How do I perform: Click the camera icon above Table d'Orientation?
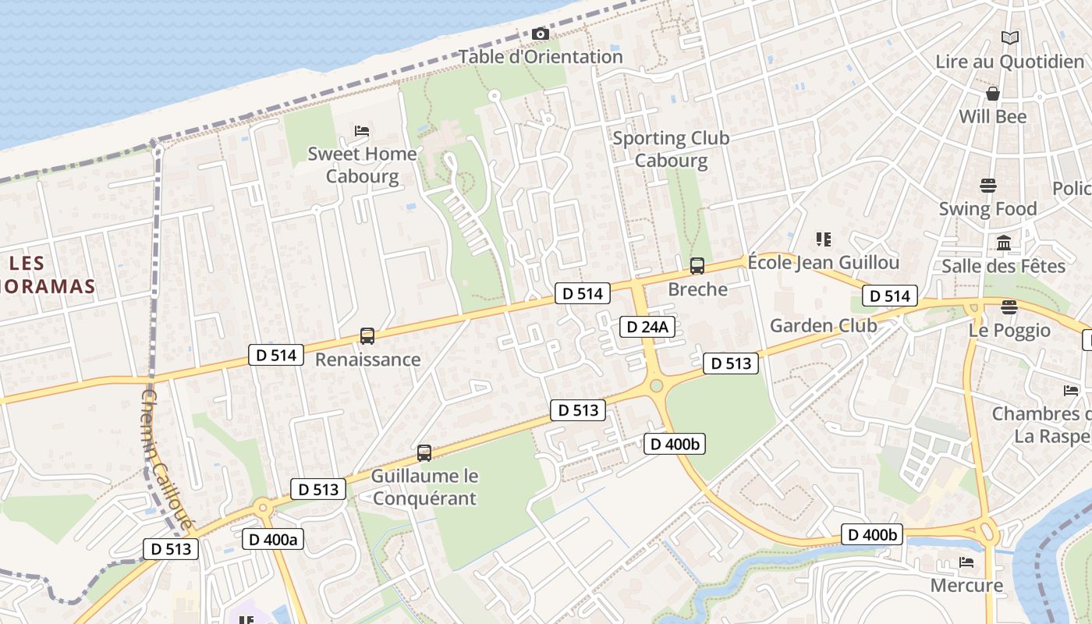click(x=540, y=34)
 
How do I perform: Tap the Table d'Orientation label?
click(x=541, y=57)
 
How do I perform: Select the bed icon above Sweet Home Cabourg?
click(x=362, y=130)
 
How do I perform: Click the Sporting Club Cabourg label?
click(x=671, y=149)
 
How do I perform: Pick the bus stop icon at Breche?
click(x=697, y=266)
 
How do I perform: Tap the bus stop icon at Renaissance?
click(x=367, y=336)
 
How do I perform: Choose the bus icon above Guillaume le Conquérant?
click(x=424, y=452)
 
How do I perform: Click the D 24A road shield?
click(x=647, y=327)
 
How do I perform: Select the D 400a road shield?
click(x=271, y=539)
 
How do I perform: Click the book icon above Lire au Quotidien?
click(x=1010, y=37)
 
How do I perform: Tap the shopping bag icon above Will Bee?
click(x=993, y=94)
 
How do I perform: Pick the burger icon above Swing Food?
click(x=988, y=186)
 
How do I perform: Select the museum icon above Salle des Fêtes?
click(x=1004, y=243)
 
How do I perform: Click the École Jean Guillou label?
click(x=824, y=262)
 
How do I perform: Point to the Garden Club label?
click(x=824, y=325)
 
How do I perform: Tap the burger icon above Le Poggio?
click(x=1009, y=307)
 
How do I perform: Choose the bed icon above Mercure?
click(x=966, y=562)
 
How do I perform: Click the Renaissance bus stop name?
click(x=367, y=360)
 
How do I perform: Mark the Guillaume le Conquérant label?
click(x=424, y=487)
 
